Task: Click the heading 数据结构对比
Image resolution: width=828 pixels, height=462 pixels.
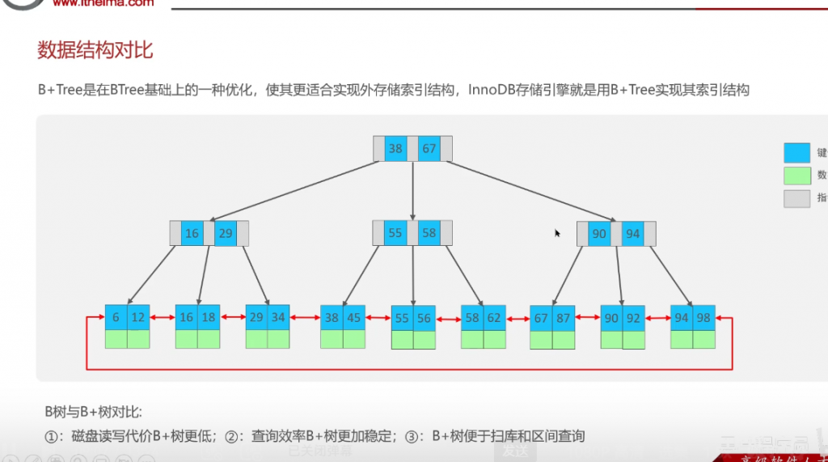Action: [95, 51]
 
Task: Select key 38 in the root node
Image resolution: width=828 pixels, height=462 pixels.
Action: [395, 149]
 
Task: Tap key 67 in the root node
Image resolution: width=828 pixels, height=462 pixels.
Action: [429, 149]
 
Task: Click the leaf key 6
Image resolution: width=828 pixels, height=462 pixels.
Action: [116, 318]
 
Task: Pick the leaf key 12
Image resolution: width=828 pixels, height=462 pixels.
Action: [138, 318]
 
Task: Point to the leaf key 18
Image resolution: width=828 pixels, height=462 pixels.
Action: [209, 318]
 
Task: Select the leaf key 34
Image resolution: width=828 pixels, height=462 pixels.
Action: [279, 318]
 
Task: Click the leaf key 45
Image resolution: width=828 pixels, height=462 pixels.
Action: [353, 319]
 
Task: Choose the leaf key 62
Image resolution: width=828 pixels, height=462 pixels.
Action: [495, 319]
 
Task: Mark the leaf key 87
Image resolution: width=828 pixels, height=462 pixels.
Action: [564, 319]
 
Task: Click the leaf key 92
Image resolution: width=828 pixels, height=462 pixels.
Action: [633, 319]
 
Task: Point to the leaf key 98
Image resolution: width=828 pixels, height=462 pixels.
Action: [703, 318]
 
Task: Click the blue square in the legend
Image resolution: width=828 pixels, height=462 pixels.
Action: [796, 152]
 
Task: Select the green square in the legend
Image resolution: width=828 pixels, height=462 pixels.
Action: [796, 176]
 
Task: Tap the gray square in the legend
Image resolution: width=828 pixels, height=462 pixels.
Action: [796, 198]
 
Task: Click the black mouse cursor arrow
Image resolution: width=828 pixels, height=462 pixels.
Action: [557, 233]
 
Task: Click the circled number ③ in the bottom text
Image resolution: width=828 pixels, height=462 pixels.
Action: [413, 437]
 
